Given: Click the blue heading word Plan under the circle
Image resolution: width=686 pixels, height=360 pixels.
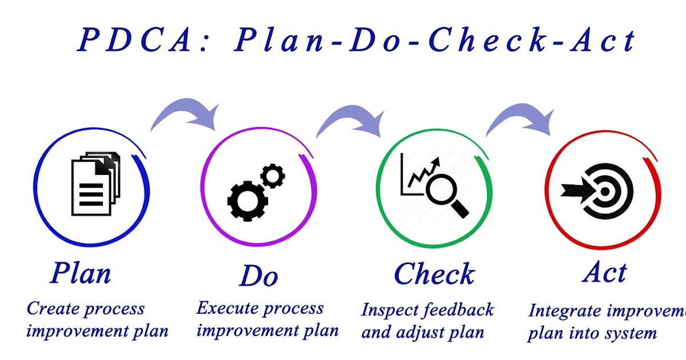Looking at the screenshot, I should [x=80, y=273].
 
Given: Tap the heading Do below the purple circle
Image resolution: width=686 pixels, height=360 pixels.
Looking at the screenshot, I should [x=258, y=276].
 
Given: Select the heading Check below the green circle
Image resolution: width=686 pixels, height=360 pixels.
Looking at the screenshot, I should [x=434, y=274].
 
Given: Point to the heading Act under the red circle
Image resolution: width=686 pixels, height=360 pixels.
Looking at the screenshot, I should [x=605, y=272].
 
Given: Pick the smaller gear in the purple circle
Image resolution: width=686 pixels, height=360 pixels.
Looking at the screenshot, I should [x=273, y=175].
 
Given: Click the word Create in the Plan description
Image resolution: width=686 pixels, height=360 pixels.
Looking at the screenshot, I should [x=53, y=309].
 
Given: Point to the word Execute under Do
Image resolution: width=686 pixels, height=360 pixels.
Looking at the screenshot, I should [x=225, y=309].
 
